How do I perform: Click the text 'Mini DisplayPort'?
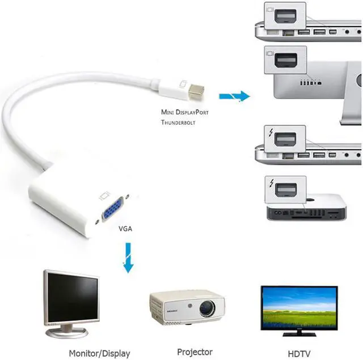pos(184,112)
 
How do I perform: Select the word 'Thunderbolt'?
pos(178,122)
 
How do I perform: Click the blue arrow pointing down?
pos(129,256)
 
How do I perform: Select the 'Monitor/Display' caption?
pos(99,353)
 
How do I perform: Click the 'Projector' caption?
pos(195,352)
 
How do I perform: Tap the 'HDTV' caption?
pos(298,353)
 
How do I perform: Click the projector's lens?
pos(207,309)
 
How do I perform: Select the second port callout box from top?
pos(285,62)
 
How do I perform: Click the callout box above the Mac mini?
pos(285,190)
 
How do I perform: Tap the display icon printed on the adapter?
pos(103,196)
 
